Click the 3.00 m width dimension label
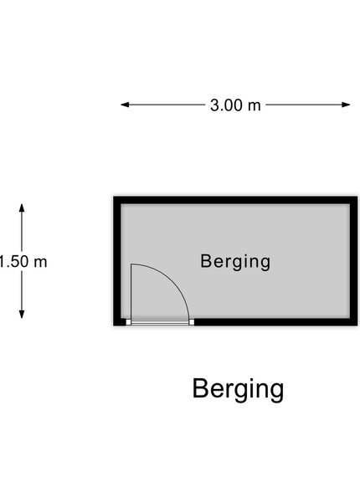tap(235, 105)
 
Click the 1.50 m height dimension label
tap(23, 262)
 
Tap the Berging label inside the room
tap(235, 262)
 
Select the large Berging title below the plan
tap(238, 389)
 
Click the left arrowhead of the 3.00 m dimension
tap(125, 105)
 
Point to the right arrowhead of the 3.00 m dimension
tap(346, 105)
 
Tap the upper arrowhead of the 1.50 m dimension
tap(22, 207)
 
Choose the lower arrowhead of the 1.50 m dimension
tap(22, 315)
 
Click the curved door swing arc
tap(173, 279)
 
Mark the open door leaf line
tap(131, 292)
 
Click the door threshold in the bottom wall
tap(160, 322)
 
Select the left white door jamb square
tap(128, 322)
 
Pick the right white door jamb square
tap(192, 322)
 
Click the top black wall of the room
tap(235, 200)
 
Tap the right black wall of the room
tap(353, 261)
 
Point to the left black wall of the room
tap(117, 261)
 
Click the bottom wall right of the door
tap(275, 322)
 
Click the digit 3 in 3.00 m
tap(214, 105)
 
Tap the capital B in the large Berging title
tap(199, 388)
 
